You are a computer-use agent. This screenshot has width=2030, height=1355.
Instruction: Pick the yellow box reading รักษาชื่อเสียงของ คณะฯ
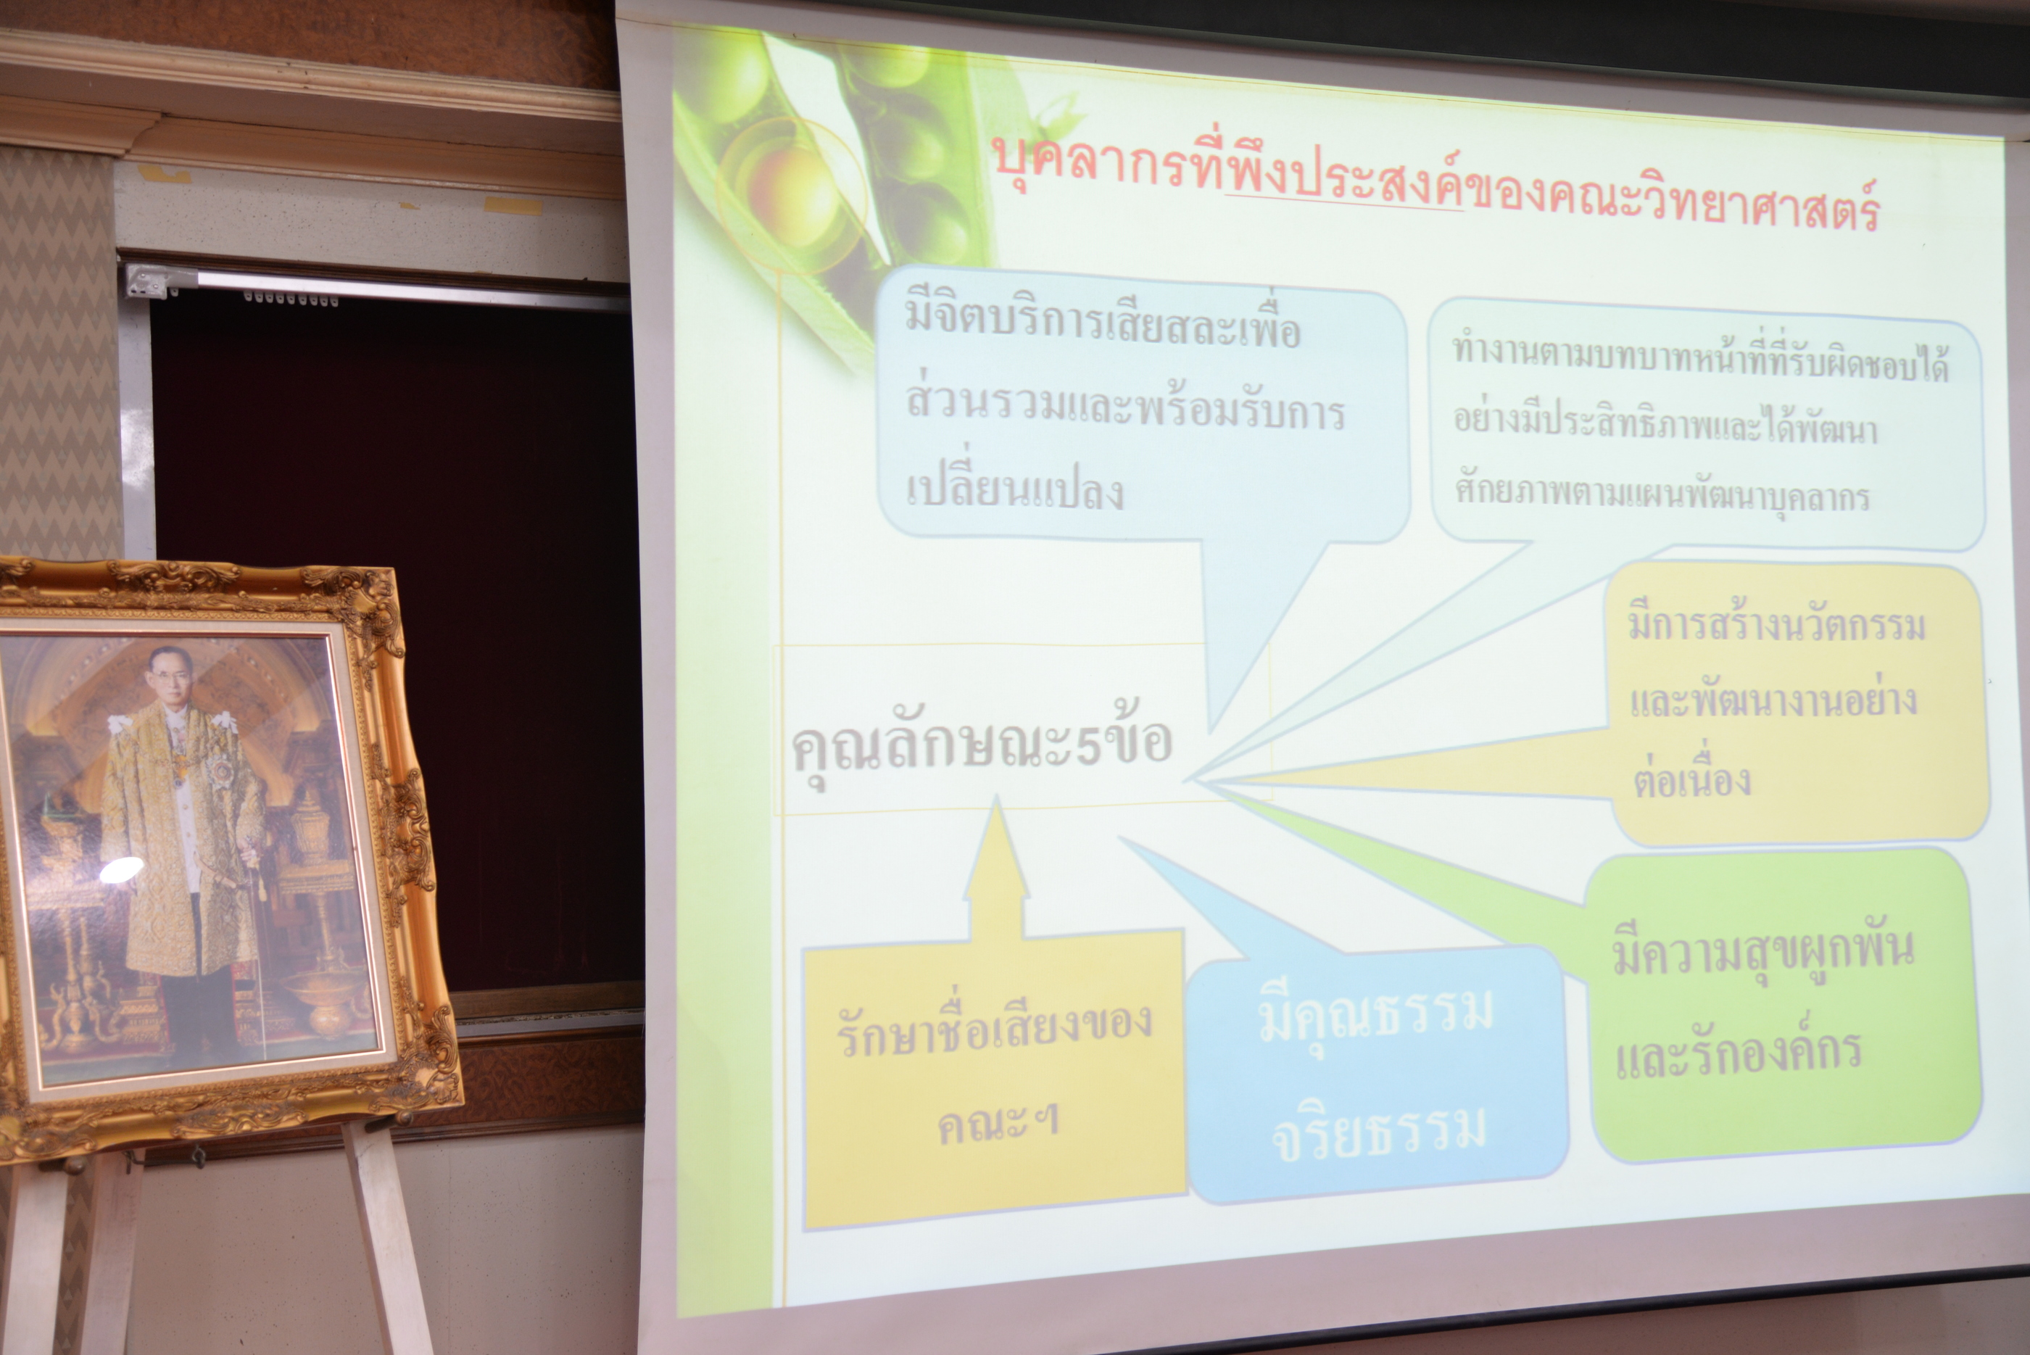[x=994, y=1080]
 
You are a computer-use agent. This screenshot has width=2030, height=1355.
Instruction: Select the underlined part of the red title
[x=1345, y=181]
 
